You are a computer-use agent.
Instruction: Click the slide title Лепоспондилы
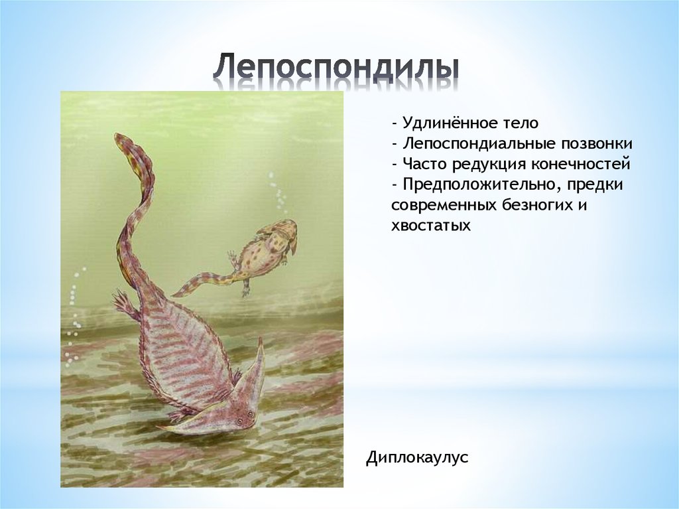coord(336,69)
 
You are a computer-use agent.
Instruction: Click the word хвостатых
coord(431,226)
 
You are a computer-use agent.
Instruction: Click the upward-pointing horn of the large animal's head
coord(259,348)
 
